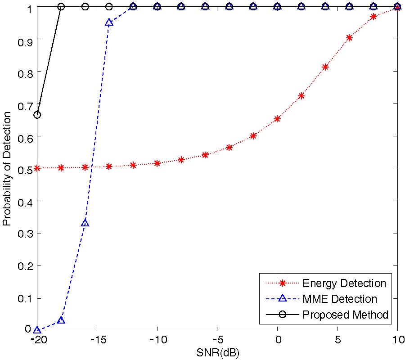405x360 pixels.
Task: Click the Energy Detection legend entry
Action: click(x=344, y=283)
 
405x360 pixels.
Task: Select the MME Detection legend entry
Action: click(x=340, y=299)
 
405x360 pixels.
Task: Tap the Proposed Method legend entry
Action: click(x=345, y=315)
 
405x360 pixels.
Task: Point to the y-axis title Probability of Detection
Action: click(x=7, y=168)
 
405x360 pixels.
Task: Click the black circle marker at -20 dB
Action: click(x=37, y=115)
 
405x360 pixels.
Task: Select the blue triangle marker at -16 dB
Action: click(x=85, y=223)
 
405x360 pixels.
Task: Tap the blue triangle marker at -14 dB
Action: click(x=109, y=22)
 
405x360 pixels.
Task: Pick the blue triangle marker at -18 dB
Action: click(x=61, y=320)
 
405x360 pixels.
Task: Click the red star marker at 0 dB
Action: click(x=277, y=119)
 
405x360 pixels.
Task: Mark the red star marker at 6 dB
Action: click(x=349, y=38)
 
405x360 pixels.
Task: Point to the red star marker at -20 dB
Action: click(x=37, y=168)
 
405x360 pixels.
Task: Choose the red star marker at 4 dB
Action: click(x=325, y=67)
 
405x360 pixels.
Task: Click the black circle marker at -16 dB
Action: click(x=85, y=7)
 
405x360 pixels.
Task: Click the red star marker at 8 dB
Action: click(x=373, y=17)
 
